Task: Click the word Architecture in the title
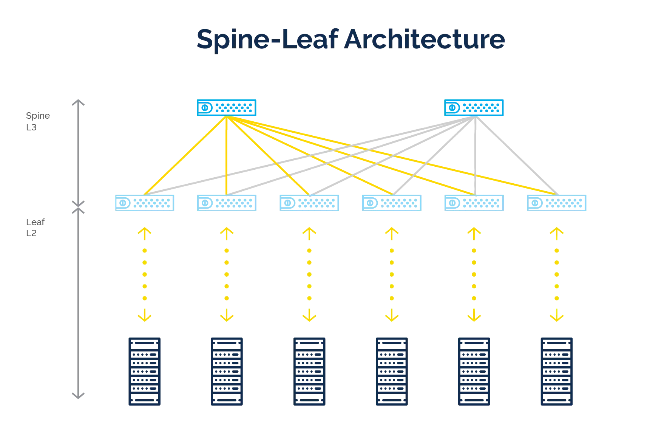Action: pos(425,39)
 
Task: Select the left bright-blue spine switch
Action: pos(226,107)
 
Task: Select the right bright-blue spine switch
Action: pos(474,107)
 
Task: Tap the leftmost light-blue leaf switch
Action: pos(145,203)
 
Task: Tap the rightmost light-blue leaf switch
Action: pos(557,203)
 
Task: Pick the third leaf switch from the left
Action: pos(309,203)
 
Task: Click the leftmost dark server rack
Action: pos(145,372)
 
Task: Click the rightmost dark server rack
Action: pos(556,372)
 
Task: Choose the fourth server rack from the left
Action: pos(391,372)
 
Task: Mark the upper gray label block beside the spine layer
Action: pos(37,116)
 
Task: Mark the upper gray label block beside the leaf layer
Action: pos(34,222)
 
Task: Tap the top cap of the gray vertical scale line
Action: pos(77,101)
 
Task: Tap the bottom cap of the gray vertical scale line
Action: pos(77,394)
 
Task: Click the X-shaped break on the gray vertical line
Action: pos(77,206)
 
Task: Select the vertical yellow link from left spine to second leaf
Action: pos(226,155)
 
